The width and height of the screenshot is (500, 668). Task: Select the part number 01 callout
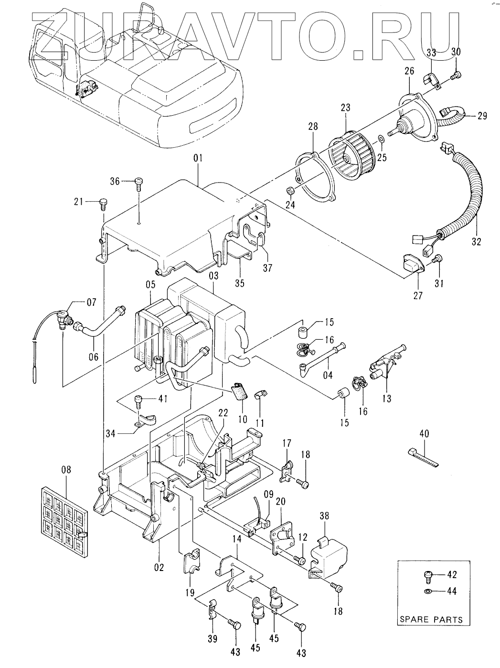coord(198,158)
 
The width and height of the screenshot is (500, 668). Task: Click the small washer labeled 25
coord(382,139)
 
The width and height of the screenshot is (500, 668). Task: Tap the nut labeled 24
coord(290,192)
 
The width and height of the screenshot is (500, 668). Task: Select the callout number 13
coord(387,399)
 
